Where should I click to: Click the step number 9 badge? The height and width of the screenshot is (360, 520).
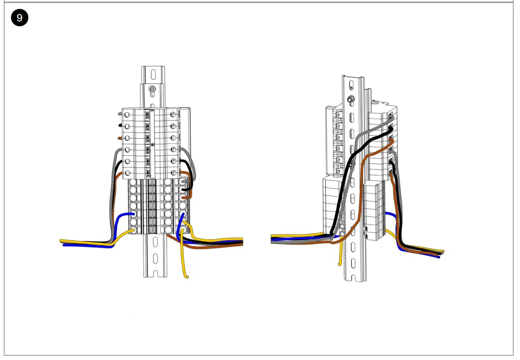click(x=20, y=18)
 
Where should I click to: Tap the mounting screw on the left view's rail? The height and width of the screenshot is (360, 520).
click(x=153, y=89)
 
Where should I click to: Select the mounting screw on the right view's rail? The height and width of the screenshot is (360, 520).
click(x=351, y=99)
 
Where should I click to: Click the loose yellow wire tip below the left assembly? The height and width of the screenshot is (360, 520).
click(x=186, y=276)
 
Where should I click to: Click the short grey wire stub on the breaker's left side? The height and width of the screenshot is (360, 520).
click(x=121, y=114)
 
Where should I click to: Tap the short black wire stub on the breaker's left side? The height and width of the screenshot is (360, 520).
click(x=121, y=126)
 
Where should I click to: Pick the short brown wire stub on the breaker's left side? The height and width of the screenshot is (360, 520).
click(x=121, y=138)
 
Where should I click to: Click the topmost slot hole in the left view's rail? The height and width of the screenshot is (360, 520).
click(x=153, y=73)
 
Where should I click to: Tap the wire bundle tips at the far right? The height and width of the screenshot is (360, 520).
click(x=441, y=253)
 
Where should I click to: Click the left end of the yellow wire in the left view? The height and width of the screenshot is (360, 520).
click(x=62, y=241)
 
